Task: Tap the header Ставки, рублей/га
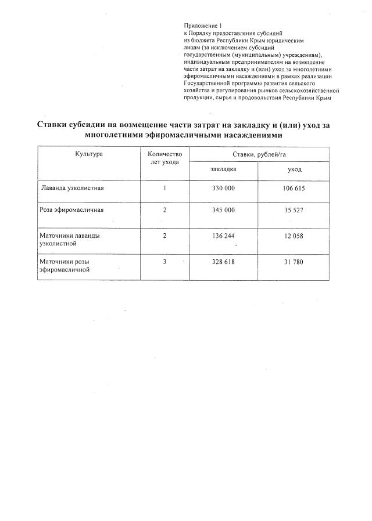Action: [259, 154]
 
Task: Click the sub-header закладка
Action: [223, 169]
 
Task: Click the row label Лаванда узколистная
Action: [73, 189]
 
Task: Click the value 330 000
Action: [223, 189]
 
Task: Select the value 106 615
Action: [294, 189]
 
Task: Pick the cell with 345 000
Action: [223, 209]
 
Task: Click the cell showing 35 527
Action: [294, 209]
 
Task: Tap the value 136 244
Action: [223, 236]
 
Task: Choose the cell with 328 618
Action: [223, 262]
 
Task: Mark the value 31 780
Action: [294, 262]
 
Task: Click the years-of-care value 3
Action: [165, 262]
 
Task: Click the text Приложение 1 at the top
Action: [200, 26]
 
